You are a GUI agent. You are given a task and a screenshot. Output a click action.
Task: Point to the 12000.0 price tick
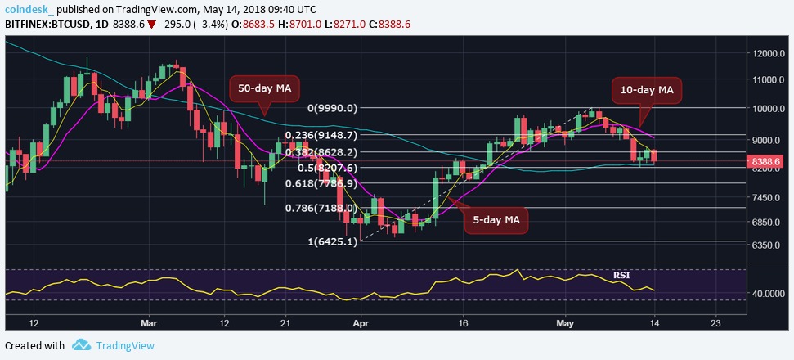click(769, 53)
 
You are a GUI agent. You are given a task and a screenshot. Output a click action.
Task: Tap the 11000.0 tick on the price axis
click(769, 80)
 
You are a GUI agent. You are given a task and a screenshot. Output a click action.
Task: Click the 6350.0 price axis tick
click(769, 245)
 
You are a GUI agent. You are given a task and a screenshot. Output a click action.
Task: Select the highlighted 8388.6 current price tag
click(769, 162)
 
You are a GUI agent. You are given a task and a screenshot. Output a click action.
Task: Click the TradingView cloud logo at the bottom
click(81, 345)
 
